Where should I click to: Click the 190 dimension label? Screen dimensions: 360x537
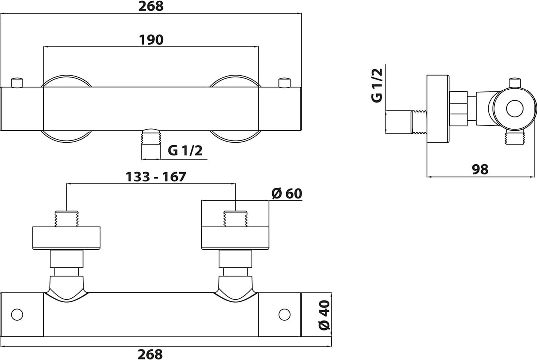click(x=151, y=40)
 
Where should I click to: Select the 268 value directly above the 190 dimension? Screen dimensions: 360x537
click(x=151, y=6)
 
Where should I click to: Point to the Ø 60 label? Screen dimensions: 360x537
click(x=288, y=193)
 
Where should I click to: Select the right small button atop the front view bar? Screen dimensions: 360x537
click(x=284, y=82)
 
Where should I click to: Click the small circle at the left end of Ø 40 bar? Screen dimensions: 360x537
click(x=17, y=314)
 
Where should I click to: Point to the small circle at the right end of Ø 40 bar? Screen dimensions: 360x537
click(x=284, y=314)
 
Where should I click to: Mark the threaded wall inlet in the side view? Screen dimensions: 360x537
click(x=419, y=122)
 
